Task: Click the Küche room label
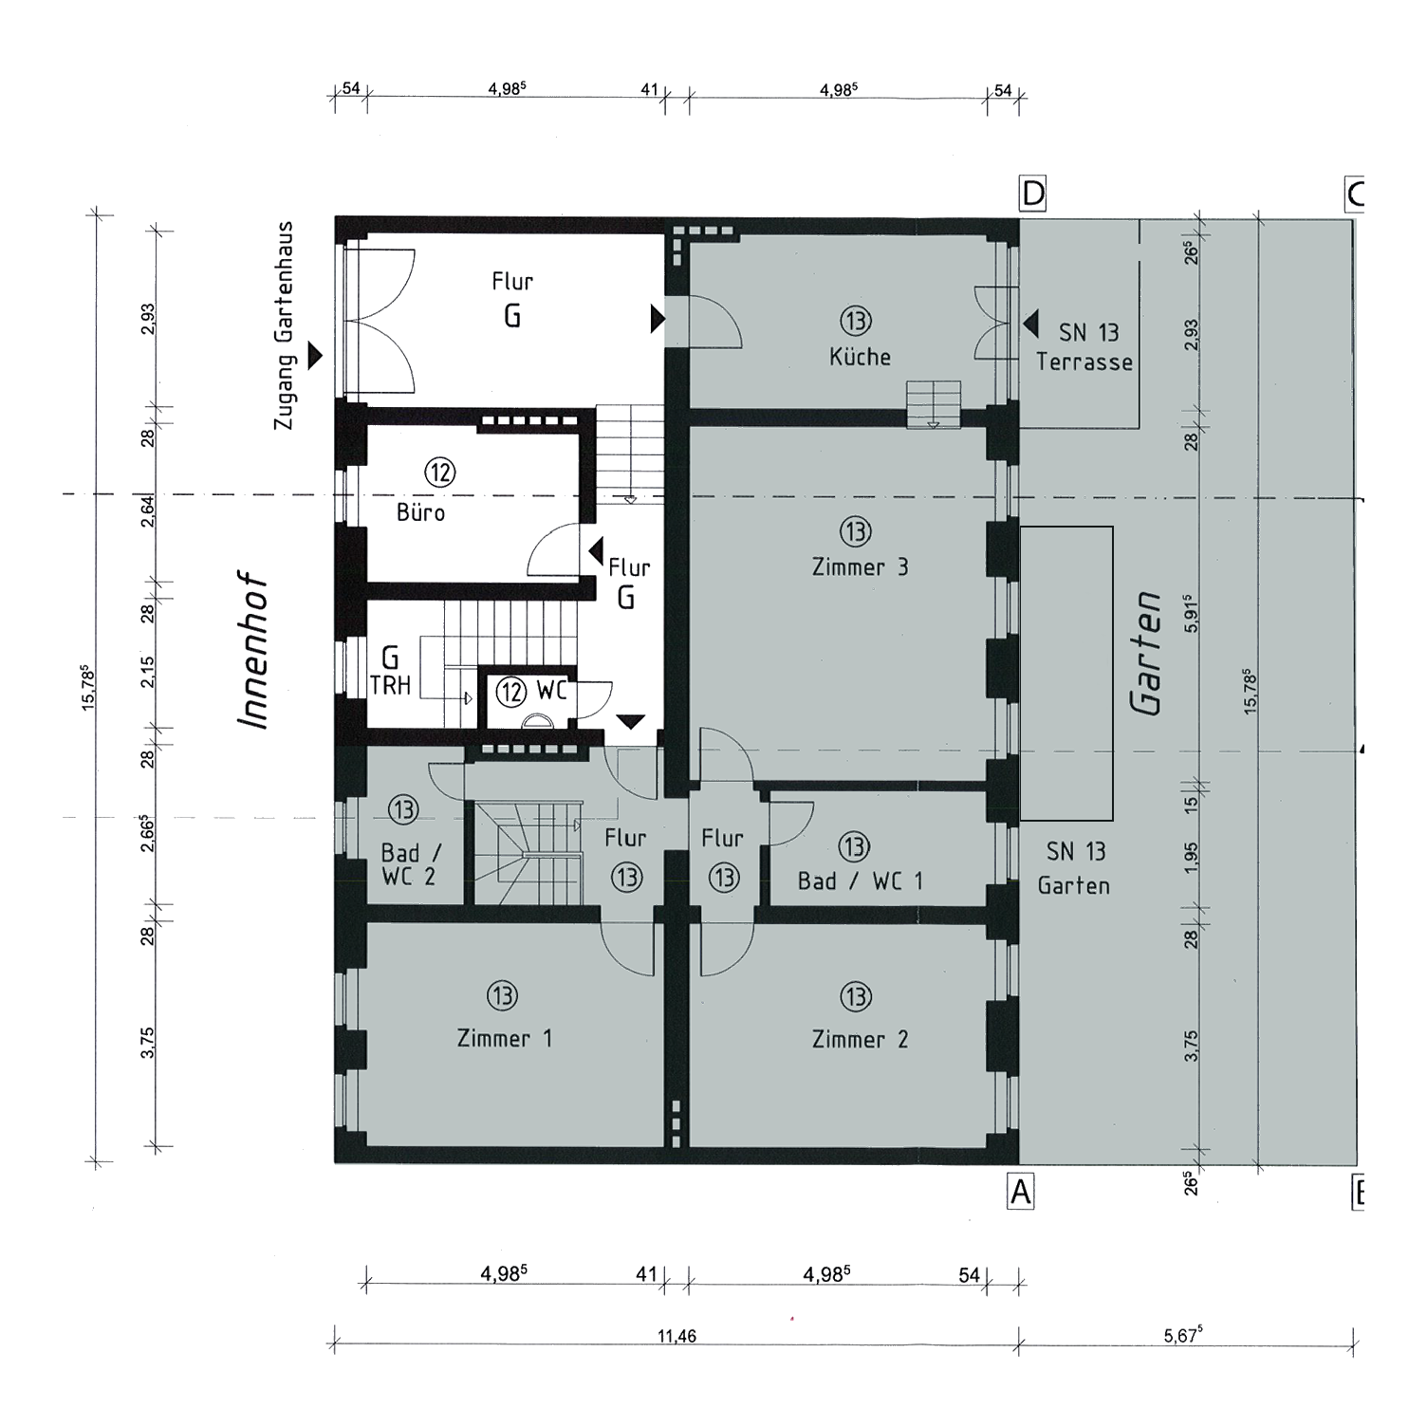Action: tap(860, 357)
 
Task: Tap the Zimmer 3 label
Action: tap(860, 567)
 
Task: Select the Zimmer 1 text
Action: tap(504, 1038)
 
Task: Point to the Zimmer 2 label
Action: tap(860, 1039)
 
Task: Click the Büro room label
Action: tap(420, 512)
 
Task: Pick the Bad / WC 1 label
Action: tap(860, 881)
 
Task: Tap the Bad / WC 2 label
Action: tap(409, 865)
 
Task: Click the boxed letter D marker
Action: tap(1032, 195)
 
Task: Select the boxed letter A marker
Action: tap(1021, 1192)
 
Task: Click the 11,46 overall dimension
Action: tap(676, 1336)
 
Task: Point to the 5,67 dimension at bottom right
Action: tap(1183, 1336)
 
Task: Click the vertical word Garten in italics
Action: tap(1147, 653)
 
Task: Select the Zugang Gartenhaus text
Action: tap(283, 325)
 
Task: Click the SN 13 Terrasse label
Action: tap(1085, 347)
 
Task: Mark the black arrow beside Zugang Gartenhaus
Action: tap(315, 357)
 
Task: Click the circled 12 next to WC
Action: tap(511, 691)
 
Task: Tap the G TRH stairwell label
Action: tap(390, 672)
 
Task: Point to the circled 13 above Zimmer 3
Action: tap(856, 531)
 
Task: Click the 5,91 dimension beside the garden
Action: tap(1193, 614)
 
